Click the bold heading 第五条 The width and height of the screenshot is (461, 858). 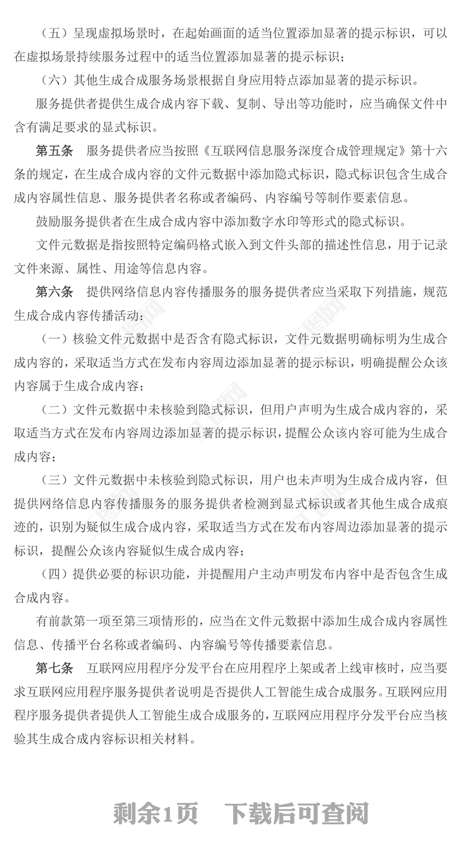54,151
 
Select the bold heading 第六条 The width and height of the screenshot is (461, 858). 54,292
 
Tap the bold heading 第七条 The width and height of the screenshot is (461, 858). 54,668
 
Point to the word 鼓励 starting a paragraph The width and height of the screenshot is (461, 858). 48,221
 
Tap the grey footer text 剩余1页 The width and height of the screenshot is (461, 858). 156,814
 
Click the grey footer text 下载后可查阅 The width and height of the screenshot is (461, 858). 296,814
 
